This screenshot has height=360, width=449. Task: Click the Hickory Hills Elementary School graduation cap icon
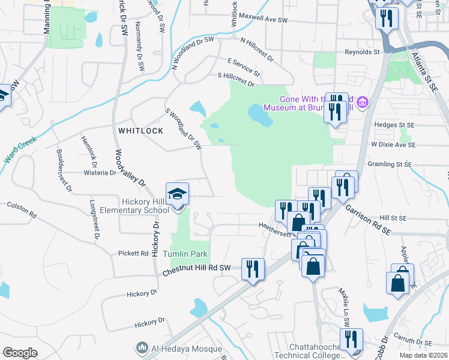click(x=178, y=194)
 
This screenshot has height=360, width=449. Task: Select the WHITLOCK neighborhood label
click(x=140, y=130)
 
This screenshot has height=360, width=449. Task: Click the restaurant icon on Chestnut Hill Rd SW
click(x=253, y=268)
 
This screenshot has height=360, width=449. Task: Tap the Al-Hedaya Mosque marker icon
click(x=142, y=347)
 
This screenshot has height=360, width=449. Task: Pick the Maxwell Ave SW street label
click(x=264, y=20)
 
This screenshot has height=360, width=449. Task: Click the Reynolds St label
click(x=362, y=52)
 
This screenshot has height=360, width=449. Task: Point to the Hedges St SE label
click(x=394, y=125)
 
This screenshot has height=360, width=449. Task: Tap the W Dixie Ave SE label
click(x=393, y=145)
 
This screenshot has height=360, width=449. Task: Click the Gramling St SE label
click(x=391, y=164)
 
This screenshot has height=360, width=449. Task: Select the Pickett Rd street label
click(x=133, y=253)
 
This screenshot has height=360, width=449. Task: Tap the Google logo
click(x=20, y=352)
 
